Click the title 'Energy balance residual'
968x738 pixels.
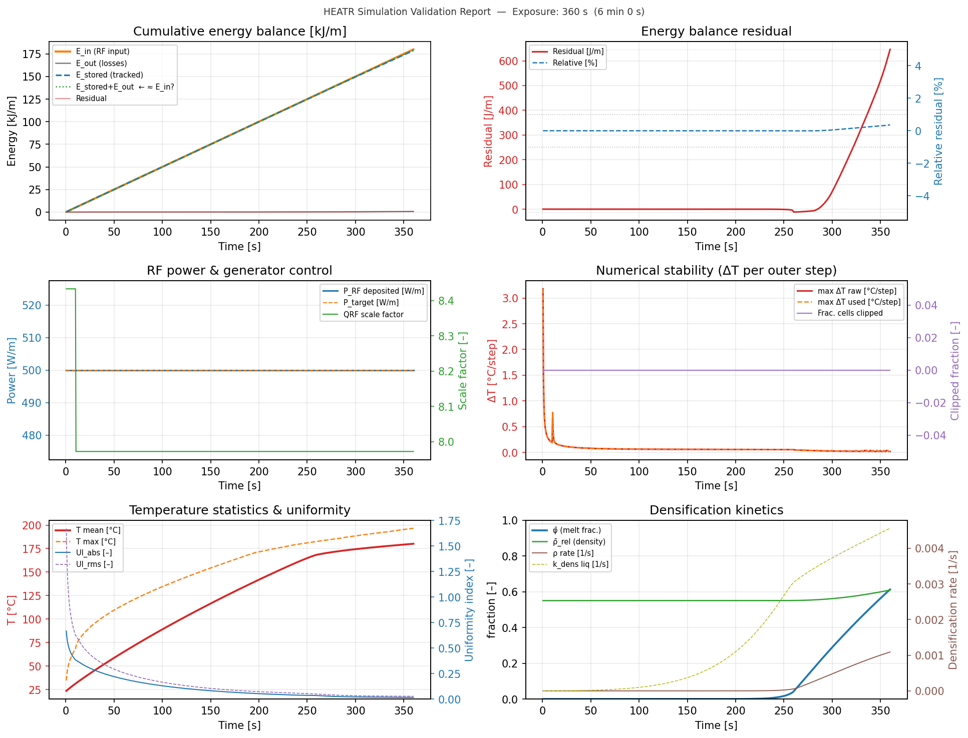[x=716, y=32]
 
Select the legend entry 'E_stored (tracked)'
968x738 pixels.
[x=109, y=75]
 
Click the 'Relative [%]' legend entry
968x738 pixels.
[x=575, y=63]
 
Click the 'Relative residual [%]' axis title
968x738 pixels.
[x=938, y=131]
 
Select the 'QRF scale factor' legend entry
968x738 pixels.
[x=373, y=315]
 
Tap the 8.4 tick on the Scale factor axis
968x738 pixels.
[x=446, y=301]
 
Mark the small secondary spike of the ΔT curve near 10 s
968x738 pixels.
[x=552, y=413]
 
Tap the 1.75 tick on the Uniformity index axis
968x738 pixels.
[x=449, y=521]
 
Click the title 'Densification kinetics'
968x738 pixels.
[x=716, y=510]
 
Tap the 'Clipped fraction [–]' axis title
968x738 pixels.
[x=954, y=371]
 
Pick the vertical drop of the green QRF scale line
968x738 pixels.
[x=76, y=370]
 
